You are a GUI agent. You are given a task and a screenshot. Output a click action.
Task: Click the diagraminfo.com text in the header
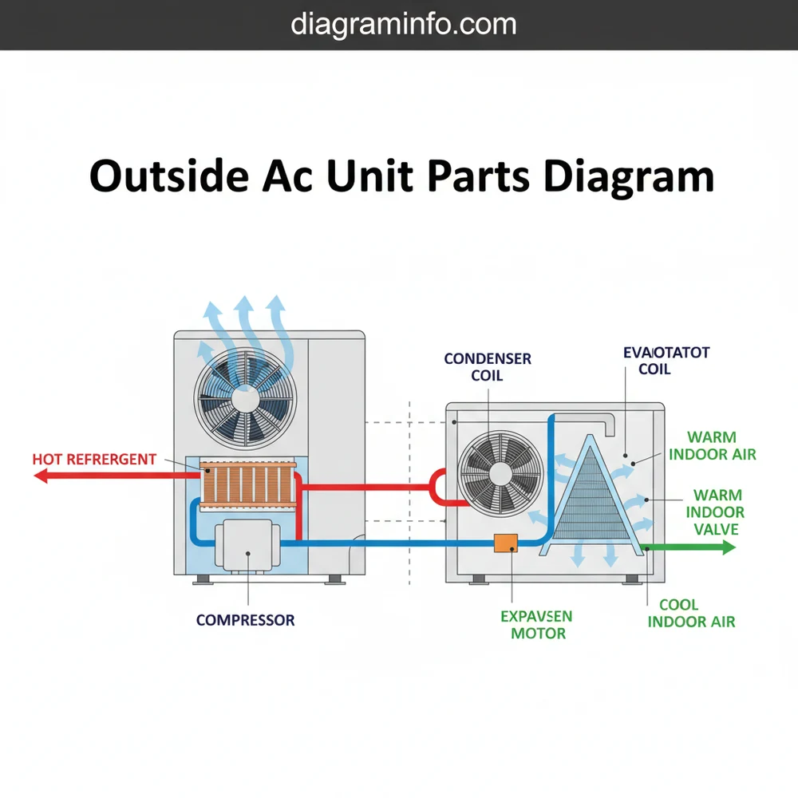403,24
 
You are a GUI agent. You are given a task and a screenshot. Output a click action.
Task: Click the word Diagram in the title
627,176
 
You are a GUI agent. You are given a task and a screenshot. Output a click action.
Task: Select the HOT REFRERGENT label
94,460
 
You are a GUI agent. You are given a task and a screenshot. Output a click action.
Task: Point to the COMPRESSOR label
245,619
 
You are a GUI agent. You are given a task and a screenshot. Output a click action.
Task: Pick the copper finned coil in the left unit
247,483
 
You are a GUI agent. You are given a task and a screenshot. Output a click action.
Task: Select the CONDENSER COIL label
488,367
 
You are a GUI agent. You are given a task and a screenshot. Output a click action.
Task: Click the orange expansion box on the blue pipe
506,543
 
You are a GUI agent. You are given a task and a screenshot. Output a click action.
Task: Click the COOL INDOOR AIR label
691,614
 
